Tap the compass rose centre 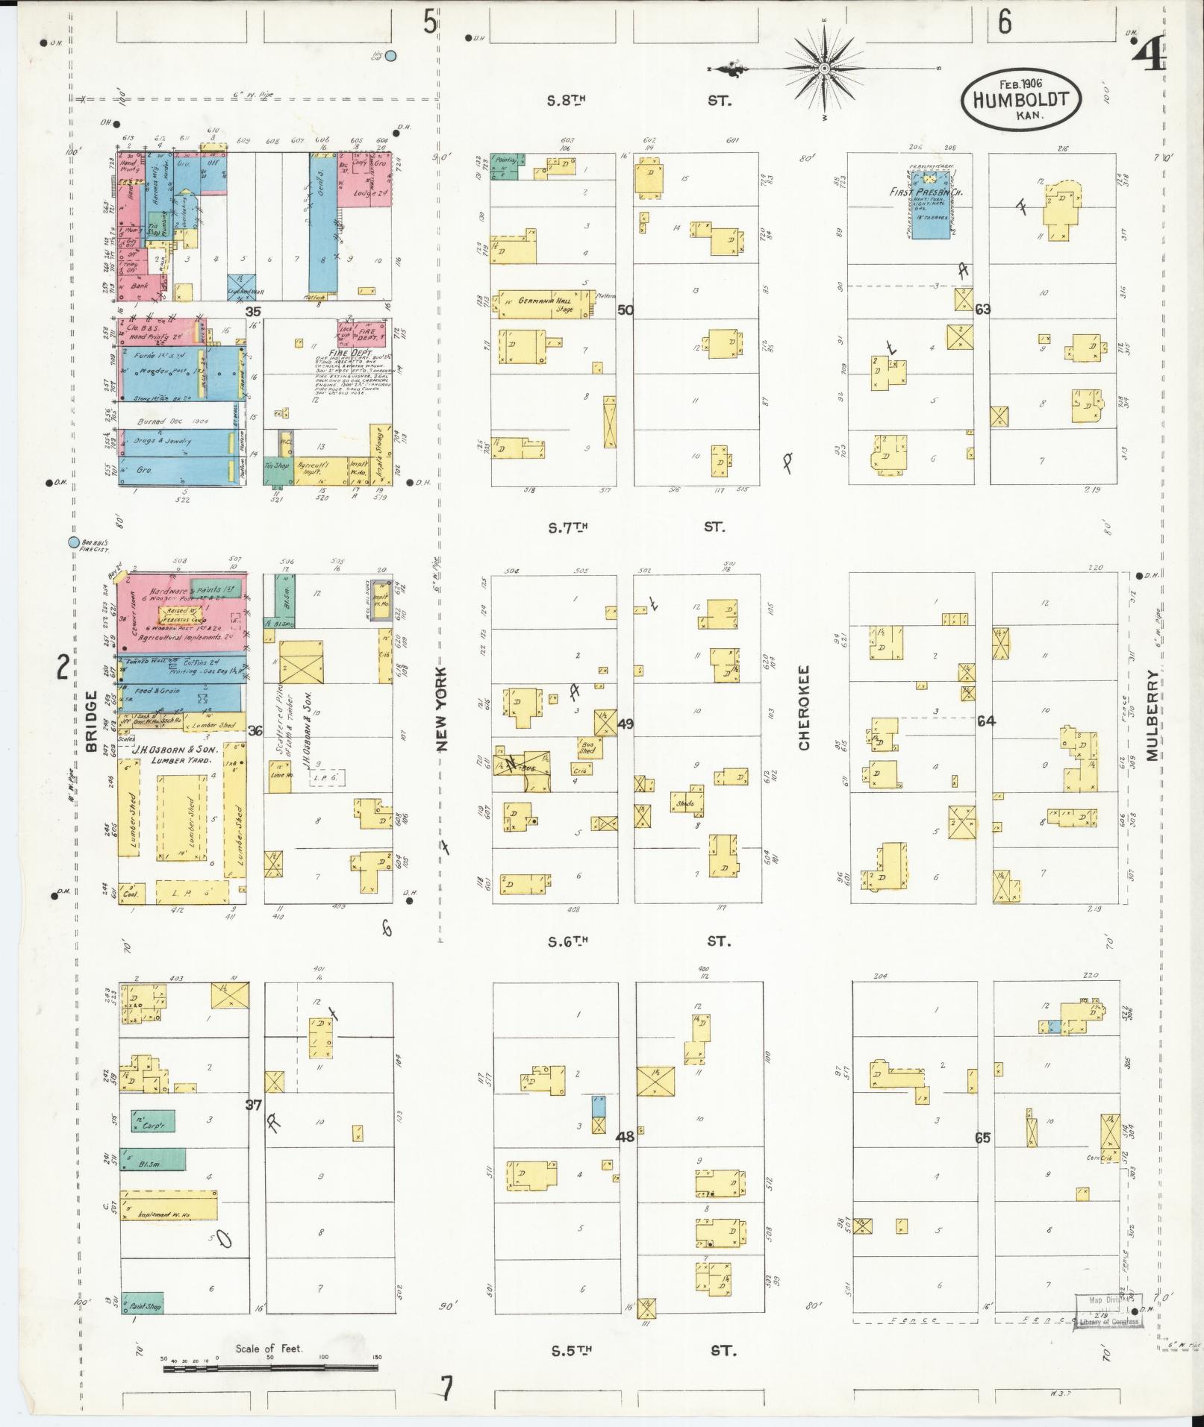coord(825,69)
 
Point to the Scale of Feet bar coord(270,1368)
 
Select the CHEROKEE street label coord(804,708)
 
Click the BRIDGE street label coord(92,721)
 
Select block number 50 coord(626,310)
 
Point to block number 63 coord(982,309)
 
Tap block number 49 coord(626,723)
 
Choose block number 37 coord(255,1105)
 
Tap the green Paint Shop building coord(142,1303)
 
